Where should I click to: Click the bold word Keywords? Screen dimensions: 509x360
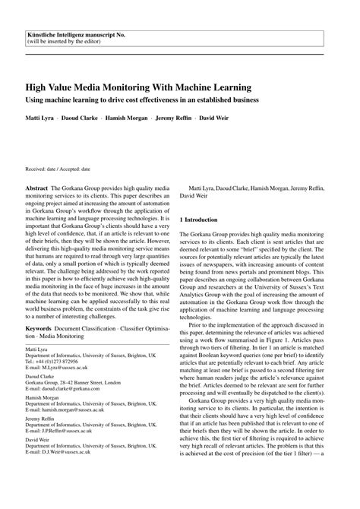click(40, 329)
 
